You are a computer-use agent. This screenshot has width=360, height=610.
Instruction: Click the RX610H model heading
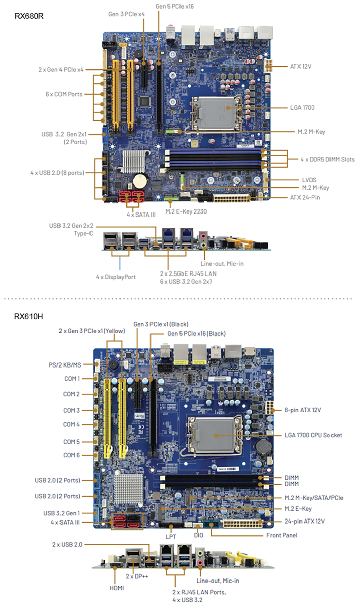pyautogui.click(x=28, y=316)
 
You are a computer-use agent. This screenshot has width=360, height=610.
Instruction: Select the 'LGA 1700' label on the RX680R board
pyautogui.click(x=303, y=108)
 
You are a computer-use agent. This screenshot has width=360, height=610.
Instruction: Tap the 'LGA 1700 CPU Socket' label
pyautogui.click(x=313, y=435)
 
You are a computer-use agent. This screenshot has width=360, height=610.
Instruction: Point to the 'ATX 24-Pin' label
pyautogui.click(x=305, y=197)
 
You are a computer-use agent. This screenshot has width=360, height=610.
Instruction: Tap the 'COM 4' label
pyautogui.click(x=71, y=424)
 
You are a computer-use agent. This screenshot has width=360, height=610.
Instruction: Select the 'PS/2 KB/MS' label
pyautogui.click(x=66, y=364)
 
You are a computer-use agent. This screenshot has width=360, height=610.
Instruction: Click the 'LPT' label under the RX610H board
pyautogui.click(x=171, y=535)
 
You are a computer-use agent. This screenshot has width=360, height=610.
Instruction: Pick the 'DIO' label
pyautogui.click(x=199, y=535)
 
